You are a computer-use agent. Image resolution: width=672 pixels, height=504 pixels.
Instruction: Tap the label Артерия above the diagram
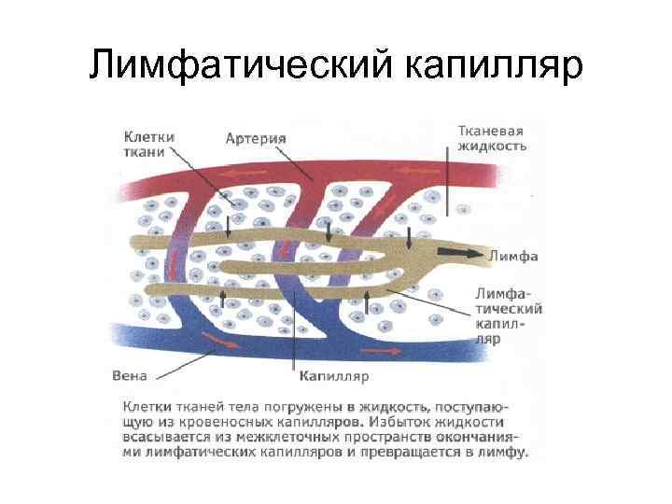(256, 138)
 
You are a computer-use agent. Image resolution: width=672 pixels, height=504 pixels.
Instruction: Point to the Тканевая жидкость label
(492, 138)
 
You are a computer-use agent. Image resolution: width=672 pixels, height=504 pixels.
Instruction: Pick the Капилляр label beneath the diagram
(334, 377)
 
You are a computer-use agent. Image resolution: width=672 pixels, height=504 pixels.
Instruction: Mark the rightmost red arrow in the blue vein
(378, 350)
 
